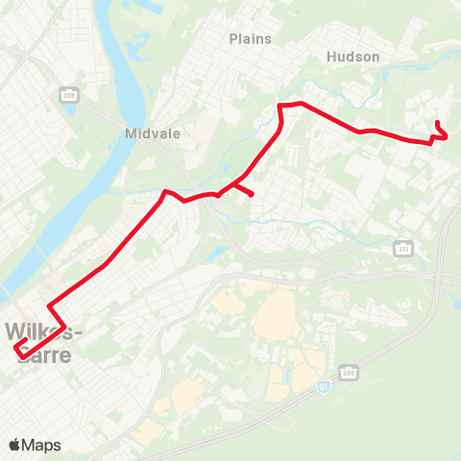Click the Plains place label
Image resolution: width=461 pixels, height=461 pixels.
coord(251,39)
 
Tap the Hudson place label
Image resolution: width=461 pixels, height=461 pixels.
coord(353,57)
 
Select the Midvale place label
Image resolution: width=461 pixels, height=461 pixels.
coord(147,133)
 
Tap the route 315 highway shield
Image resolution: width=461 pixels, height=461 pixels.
coord(402,249)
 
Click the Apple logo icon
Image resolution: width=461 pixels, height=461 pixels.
coord(15,445)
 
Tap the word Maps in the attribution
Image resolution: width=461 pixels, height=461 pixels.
coord(42,445)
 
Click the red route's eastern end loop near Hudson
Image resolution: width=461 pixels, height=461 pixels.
coord(441,133)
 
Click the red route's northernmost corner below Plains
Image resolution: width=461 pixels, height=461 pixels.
coord(280,105)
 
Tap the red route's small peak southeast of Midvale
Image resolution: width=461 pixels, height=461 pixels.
coord(168,192)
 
